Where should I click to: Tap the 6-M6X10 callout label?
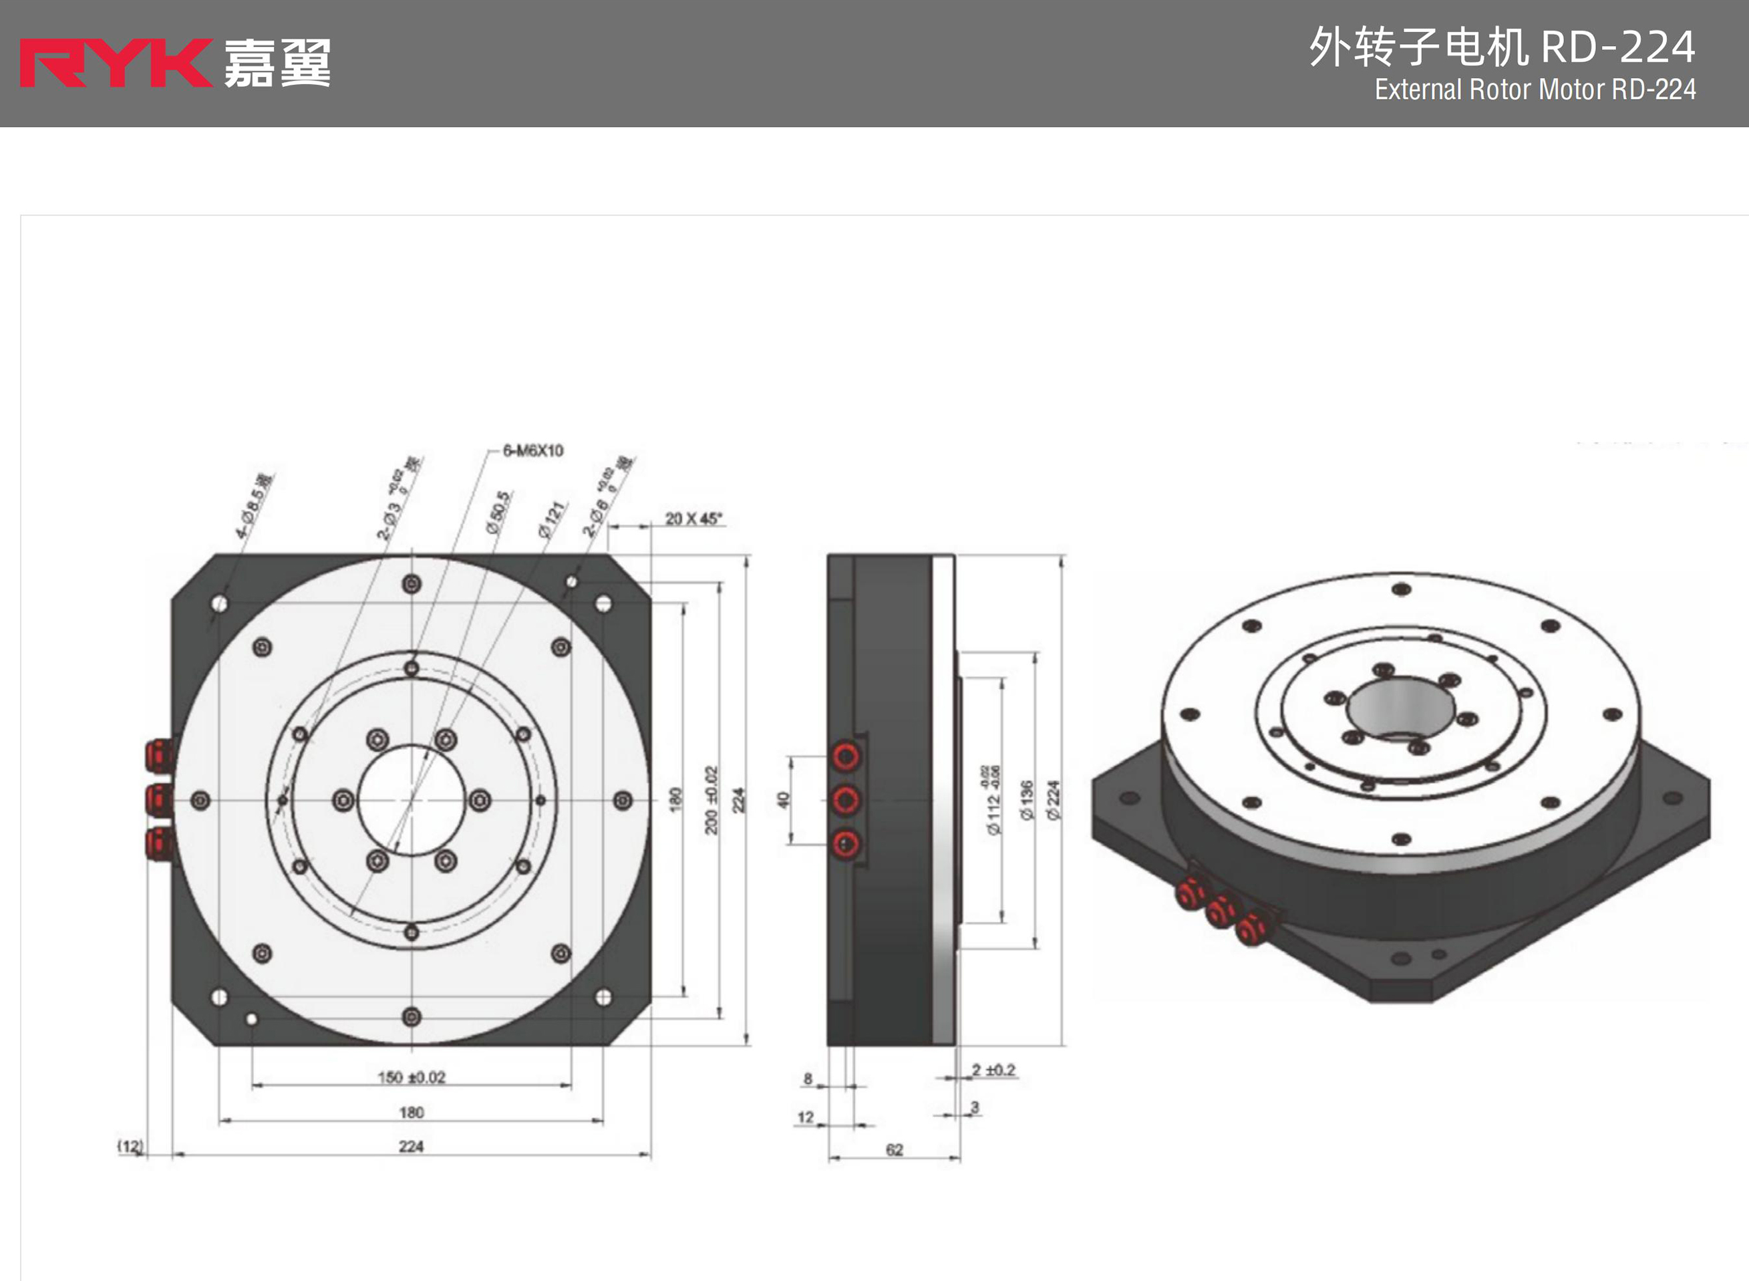point(533,450)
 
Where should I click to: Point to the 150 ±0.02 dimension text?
point(411,1077)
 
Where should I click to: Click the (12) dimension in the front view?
point(130,1146)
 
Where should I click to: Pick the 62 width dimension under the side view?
point(894,1150)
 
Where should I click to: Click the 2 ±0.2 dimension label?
point(993,1070)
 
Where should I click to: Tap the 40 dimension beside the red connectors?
point(783,799)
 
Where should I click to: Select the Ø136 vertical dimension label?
point(1027,799)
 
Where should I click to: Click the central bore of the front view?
point(412,799)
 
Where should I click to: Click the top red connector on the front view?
point(159,754)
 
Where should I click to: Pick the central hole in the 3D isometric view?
point(1400,706)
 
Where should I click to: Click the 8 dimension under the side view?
point(808,1079)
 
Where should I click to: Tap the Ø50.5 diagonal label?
point(498,512)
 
